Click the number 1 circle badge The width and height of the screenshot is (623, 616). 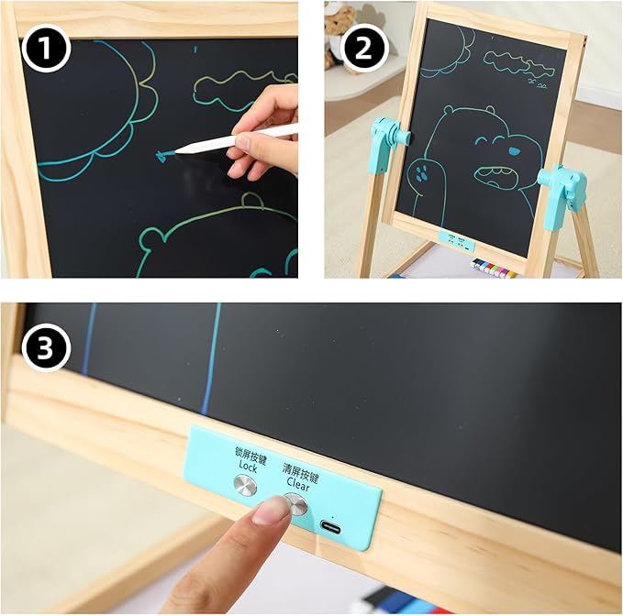(45, 48)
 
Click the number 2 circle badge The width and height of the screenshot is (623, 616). (362, 48)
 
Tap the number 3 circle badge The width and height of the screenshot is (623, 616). (45, 347)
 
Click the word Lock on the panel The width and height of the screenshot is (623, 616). (248, 467)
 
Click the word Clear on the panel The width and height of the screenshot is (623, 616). (298, 483)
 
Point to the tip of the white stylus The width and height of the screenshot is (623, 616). (176, 151)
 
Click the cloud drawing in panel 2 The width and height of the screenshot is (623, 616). (517, 64)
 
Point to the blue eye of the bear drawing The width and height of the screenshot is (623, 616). (514, 151)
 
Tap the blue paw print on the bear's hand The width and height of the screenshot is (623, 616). (420, 174)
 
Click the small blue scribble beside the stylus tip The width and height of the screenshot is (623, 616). (161, 156)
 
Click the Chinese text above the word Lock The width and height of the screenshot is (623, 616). (250, 455)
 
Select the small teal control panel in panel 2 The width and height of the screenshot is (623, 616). (457, 242)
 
